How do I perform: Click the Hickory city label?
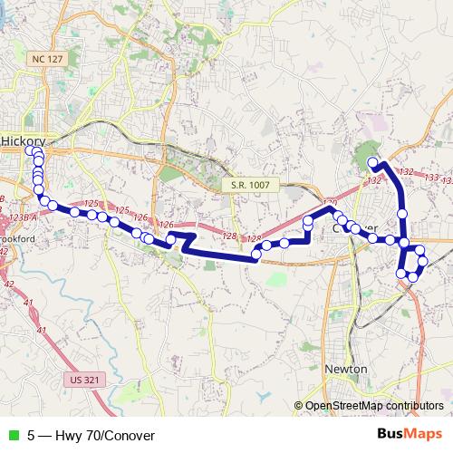point(24,141)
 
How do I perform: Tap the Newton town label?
point(345,370)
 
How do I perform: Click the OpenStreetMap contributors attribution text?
point(373,406)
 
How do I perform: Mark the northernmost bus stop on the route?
point(373,163)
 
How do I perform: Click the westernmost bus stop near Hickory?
point(31,152)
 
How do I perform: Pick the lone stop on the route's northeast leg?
point(402,213)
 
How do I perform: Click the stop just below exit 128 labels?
point(257,255)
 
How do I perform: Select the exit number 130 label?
point(330,204)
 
